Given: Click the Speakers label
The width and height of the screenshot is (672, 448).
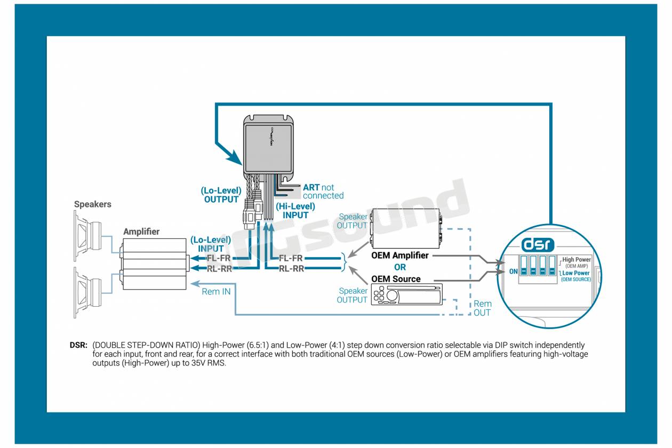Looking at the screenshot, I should (93, 204).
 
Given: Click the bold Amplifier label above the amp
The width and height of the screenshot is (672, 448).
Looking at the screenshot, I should (141, 232).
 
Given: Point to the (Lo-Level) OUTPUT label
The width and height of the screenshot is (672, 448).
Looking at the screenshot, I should (221, 195).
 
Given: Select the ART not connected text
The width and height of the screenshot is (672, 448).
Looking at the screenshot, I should (323, 191).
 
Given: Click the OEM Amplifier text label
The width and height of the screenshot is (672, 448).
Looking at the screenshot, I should (399, 255).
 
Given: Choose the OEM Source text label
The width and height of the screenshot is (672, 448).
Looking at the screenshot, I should (396, 279).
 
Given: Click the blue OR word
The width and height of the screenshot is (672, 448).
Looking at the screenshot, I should (400, 267).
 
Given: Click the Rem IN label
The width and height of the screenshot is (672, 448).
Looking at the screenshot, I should (216, 292).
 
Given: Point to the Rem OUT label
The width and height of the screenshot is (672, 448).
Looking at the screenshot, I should (482, 308).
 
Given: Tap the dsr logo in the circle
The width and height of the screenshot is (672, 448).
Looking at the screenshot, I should (538, 245).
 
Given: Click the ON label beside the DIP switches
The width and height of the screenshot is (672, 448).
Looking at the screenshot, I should (514, 271).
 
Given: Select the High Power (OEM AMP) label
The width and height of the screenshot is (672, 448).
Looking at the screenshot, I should (576, 262).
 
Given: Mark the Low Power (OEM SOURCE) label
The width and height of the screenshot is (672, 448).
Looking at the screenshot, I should (576, 276).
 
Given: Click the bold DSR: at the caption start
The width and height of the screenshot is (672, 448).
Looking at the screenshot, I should (78, 346).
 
